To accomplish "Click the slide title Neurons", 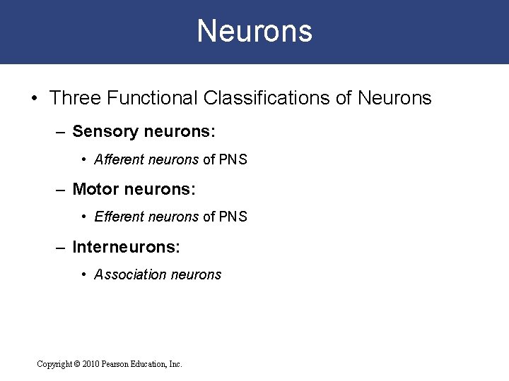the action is (x=255, y=31).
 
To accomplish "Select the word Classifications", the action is (x=267, y=98).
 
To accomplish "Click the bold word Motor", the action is (x=95, y=189).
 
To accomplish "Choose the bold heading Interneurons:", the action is (x=127, y=247).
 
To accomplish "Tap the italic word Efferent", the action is (x=119, y=217).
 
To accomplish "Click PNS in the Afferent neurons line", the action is (x=233, y=159).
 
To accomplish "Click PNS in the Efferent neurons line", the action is (x=233, y=217).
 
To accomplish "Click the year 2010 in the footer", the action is (x=90, y=364).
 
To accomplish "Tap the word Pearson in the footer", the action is (x=115, y=364).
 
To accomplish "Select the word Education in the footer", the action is (x=148, y=364).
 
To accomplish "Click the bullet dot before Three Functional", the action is (x=35, y=98).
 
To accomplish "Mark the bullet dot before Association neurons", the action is (x=85, y=275).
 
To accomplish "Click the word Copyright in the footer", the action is (x=54, y=364).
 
